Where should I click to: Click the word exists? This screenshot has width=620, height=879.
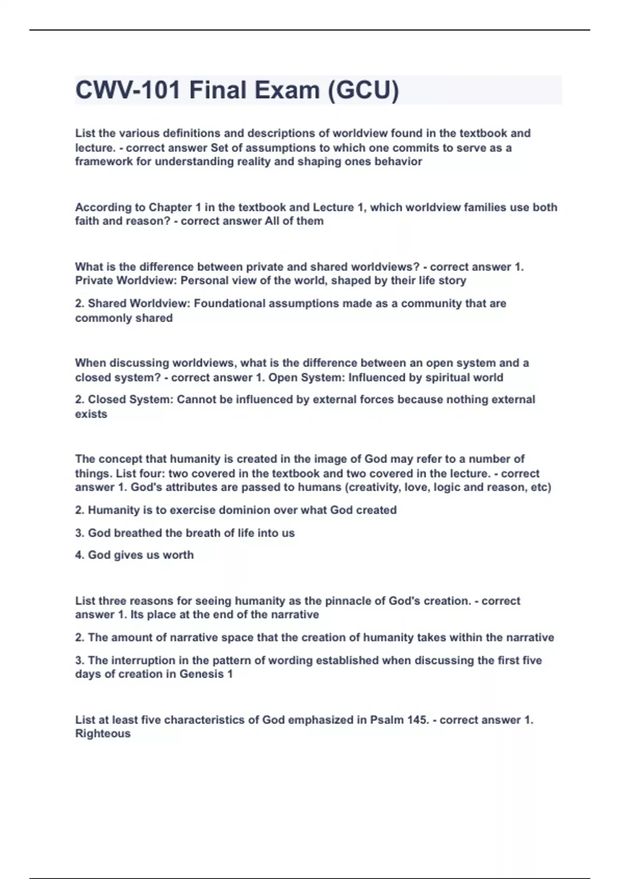(x=91, y=414)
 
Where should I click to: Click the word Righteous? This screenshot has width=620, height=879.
(x=103, y=734)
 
